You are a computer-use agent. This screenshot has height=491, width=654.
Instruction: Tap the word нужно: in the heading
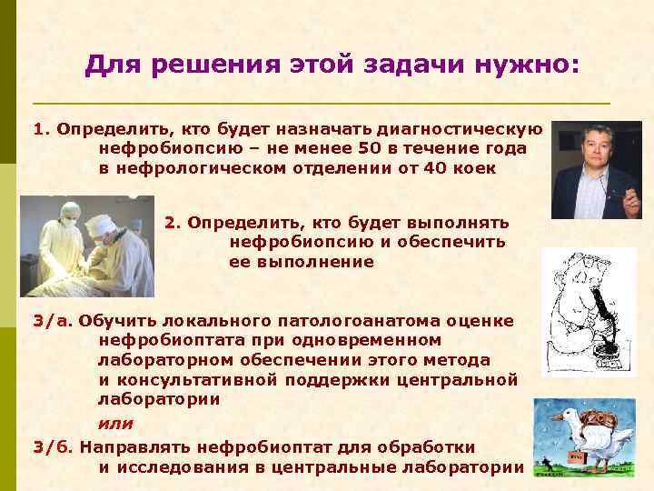(527, 65)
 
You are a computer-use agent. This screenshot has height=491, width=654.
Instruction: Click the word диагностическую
(465, 129)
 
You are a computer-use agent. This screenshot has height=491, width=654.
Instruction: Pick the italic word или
(115, 423)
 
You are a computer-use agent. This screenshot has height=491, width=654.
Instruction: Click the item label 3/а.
(54, 321)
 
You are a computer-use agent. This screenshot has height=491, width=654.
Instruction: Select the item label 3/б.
(54, 447)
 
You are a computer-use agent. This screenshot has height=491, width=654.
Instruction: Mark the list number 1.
(40, 129)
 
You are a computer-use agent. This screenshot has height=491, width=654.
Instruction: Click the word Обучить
(113, 321)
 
